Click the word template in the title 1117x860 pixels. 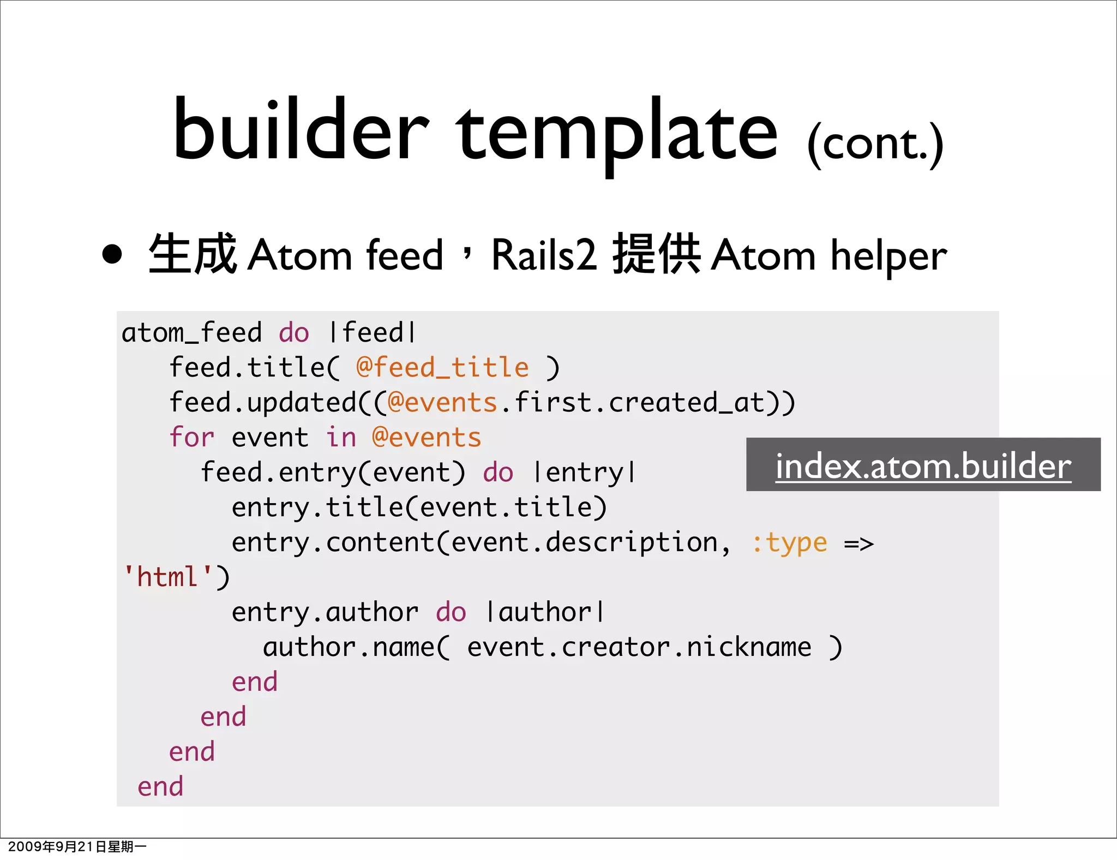coord(616,134)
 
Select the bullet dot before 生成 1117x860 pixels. coord(112,255)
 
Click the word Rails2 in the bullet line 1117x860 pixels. coord(544,255)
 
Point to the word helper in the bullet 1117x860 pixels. coord(888,256)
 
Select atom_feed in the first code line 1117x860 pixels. coord(191,333)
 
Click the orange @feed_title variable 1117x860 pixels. coord(442,367)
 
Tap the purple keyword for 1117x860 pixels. coord(191,437)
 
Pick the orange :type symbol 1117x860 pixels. coord(789,542)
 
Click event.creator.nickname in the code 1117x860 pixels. coord(639,647)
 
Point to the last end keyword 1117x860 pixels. coord(160,786)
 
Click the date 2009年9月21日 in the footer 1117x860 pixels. coord(51,846)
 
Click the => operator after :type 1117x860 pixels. coord(858,544)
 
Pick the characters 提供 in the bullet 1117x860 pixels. coord(656,254)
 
